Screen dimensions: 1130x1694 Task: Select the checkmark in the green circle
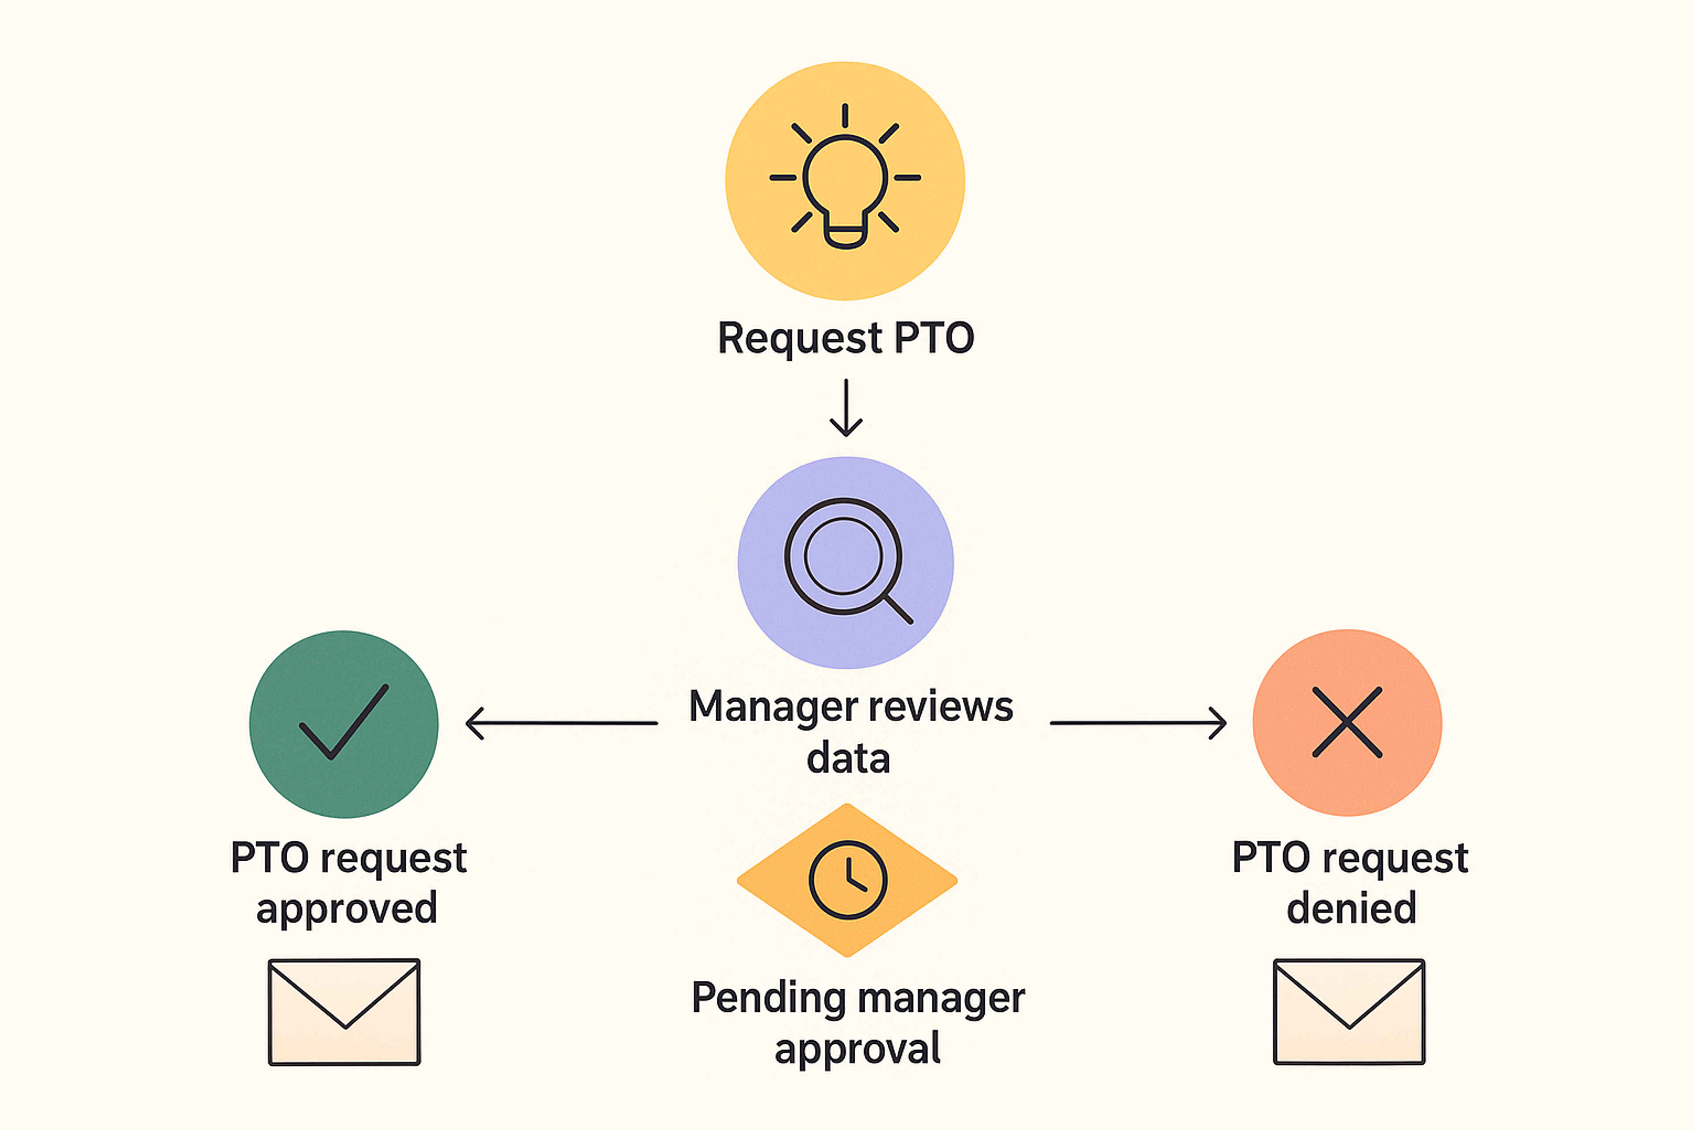tap(344, 721)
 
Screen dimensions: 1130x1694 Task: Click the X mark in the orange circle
tap(1347, 722)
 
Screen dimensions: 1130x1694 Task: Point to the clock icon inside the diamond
tap(848, 880)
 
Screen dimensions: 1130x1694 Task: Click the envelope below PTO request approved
tap(344, 1012)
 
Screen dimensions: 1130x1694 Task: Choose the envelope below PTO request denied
tap(1349, 1012)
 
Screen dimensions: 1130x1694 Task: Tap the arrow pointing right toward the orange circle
tap(1138, 723)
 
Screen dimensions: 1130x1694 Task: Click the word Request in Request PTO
tap(799, 338)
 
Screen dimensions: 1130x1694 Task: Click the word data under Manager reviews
tap(848, 759)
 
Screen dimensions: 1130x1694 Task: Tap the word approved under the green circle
tap(346, 908)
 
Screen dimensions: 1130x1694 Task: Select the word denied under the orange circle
tap(1351, 908)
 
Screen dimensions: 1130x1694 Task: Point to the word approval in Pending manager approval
tap(857, 1049)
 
